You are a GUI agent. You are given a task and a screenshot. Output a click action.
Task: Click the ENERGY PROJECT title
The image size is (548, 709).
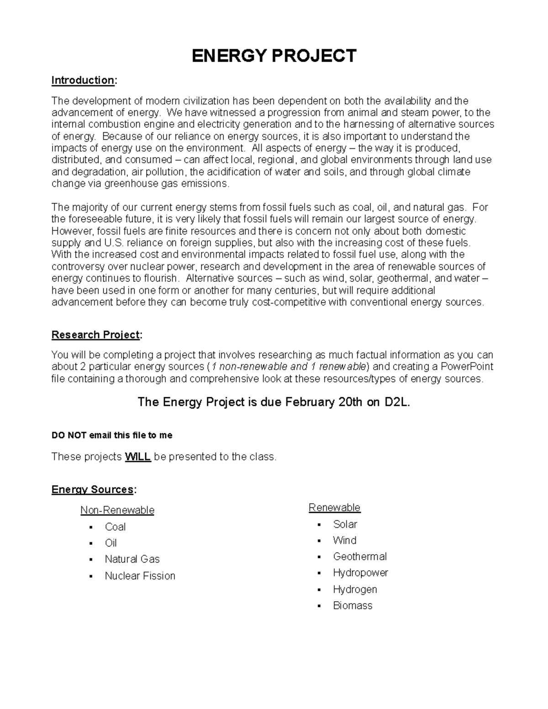click(x=274, y=56)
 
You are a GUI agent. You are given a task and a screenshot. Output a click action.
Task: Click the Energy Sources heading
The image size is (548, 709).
click(x=93, y=490)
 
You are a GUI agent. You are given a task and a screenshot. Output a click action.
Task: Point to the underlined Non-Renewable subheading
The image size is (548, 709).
click(x=117, y=510)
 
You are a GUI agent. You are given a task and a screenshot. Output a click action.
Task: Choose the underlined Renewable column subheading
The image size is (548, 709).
click(x=334, y=508)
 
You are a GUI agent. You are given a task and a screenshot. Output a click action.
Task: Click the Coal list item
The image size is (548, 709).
click(x=115, y=527)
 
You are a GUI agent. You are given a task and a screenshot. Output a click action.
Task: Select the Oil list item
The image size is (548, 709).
click(x=111, y=543)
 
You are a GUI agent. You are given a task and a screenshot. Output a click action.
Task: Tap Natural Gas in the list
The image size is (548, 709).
click(x=132, y=559)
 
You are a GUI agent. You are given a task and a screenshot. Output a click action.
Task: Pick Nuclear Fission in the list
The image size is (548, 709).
click(x=140, y=576)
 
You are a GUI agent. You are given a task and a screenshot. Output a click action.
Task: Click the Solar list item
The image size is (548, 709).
click(x=345, y=524)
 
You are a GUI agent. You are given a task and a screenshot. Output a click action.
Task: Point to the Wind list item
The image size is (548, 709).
click(x=344, y=541)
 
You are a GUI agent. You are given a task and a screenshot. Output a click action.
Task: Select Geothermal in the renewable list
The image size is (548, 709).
click(x=359, y=557)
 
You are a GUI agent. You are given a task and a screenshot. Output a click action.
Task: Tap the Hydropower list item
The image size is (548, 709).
click(x=360, y=572)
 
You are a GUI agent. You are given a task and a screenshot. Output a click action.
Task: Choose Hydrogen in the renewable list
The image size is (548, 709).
click(x=355, y=589)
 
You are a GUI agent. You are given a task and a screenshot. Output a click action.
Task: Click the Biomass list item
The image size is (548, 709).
click(x=353, y=606)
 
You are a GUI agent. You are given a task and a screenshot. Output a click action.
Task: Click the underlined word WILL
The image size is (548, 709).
click(x=137, y=457)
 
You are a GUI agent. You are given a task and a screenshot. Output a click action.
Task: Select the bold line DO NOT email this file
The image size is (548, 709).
click(x=112, y=436)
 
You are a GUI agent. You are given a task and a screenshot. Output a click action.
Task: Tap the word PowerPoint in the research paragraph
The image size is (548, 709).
click(x=467, y=367)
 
